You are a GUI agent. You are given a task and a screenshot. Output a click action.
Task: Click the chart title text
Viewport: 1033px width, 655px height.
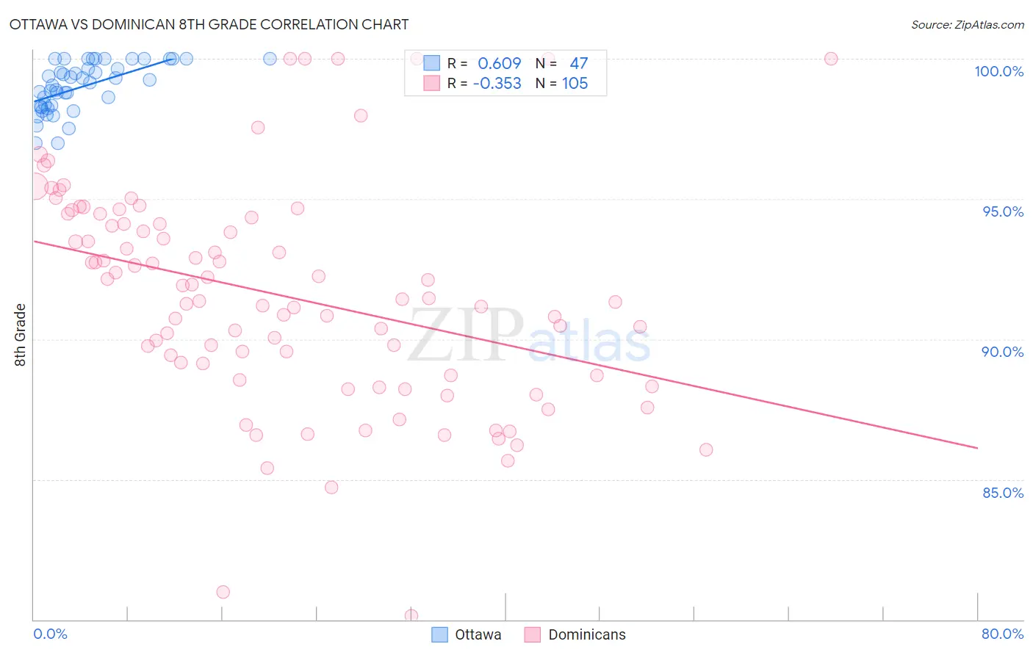pyautogui.click(x=209, y=24)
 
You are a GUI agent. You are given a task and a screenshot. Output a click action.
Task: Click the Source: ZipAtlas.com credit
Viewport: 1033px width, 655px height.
pyautogui.click(x=967, y=25)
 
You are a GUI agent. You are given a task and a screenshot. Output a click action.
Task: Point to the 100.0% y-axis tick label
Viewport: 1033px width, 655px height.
pyautogui.click(x=998, y=71)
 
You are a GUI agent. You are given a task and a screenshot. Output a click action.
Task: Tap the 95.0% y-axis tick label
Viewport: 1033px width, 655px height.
pyautogui.click(x=1003, y=211)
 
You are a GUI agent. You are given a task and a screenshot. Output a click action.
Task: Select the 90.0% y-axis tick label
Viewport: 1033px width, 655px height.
pyautogui.click(x=1002, y=352)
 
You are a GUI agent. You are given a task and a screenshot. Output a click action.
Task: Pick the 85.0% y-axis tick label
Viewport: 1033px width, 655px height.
pyautogui.click(x=1003, y=493)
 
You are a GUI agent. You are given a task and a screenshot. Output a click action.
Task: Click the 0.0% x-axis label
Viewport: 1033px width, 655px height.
pyautogui.click(x=50, y=634)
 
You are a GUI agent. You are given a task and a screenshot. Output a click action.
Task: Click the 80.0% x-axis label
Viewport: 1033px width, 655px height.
pyautogui.click(x=1002, y=634)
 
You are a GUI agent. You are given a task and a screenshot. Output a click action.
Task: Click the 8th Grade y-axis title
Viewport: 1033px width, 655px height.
pyautogui.click(x=20, y=335)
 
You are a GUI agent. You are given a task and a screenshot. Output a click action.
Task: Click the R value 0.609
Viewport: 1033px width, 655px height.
pyautogui.click(x=499, y=64)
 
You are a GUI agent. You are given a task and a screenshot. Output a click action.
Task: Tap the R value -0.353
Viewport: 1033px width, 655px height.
pyautogui.click(x=497, y=84)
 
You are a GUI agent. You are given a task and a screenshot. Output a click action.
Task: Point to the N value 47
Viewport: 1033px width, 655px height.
pyautogui.click(x=578, y=64)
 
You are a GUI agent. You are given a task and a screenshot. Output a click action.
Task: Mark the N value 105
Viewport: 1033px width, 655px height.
pyautogui.click(x=575, y=84)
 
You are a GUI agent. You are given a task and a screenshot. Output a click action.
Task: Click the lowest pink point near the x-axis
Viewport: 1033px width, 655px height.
pyautogui.click(x=411, y=615)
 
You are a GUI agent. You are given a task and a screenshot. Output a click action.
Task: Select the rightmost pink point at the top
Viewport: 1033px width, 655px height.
pyautogui.click(x=831, y=59)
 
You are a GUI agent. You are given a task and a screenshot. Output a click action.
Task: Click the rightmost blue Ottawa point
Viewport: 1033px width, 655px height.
pyautogui.click(x=270, y=59)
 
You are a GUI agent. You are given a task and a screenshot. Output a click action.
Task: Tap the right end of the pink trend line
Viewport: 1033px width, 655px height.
pyautogui.click(x=977, y=447)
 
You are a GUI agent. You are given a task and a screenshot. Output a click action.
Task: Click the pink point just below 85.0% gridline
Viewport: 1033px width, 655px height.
pyautogui.click(x=331, y=488)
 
